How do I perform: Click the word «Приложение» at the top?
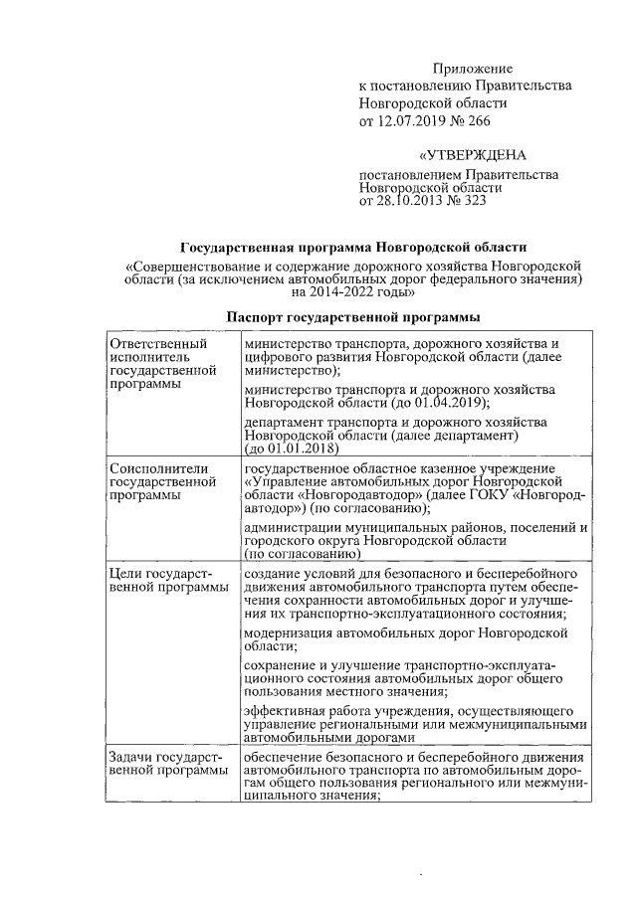pos(472,69)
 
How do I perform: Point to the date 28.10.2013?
pos(415,200)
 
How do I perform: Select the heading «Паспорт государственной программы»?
pos(353,317)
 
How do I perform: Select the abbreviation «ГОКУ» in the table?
pos(487,495)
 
